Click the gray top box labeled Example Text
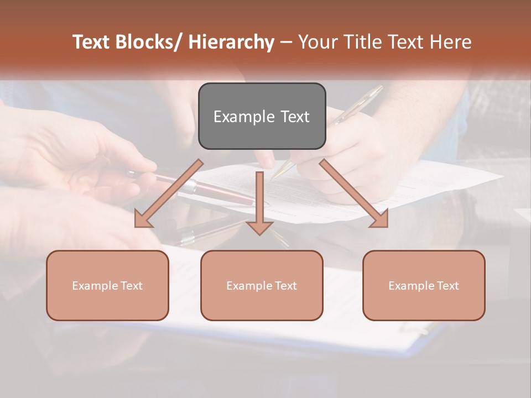coord(262,116)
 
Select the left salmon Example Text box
coord(107,285)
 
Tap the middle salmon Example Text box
coord(262,285)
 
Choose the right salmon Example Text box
coord(424,285)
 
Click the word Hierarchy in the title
coord(231,42)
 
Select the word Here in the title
coord(452,42)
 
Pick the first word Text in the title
coord(91,42)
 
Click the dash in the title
coord(286,42)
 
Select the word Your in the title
coord(316,42)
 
